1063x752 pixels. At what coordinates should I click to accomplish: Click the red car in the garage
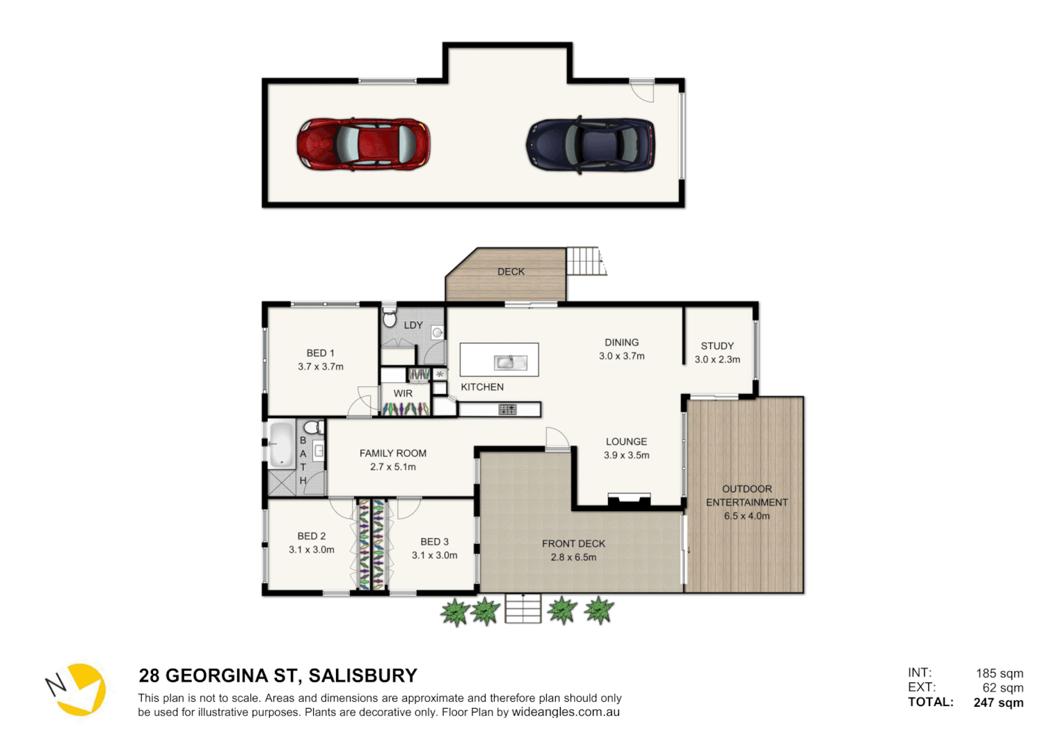click(363, 144)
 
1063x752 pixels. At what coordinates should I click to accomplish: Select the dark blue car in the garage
click(591, 144)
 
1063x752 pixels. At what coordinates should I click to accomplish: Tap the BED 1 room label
click(320, 353)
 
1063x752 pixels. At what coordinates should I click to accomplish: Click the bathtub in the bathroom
click(282, 444)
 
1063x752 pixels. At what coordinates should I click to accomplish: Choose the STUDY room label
click(717, 346)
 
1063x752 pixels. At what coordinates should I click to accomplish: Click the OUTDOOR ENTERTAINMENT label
click(746, 496)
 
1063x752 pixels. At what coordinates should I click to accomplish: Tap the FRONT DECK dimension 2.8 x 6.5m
click(573, 557)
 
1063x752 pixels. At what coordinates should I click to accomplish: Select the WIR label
click(403, 393)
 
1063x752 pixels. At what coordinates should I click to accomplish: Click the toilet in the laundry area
click(390, 318)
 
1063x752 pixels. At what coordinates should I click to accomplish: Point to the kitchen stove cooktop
click(507, 409)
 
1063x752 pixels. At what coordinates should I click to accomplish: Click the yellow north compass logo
click(78, 689)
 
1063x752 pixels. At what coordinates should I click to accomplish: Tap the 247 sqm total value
click(998, 703)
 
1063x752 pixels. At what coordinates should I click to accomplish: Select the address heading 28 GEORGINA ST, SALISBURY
click(278, 675)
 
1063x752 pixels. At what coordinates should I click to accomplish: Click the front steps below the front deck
click(523, 609)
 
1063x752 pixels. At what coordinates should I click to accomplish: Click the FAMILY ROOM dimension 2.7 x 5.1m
click(392, 467)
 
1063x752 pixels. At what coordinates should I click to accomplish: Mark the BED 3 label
click(434, 542)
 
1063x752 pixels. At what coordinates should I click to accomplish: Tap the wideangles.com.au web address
click(566, 712)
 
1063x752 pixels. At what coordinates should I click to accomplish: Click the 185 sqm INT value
click(999, 673)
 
